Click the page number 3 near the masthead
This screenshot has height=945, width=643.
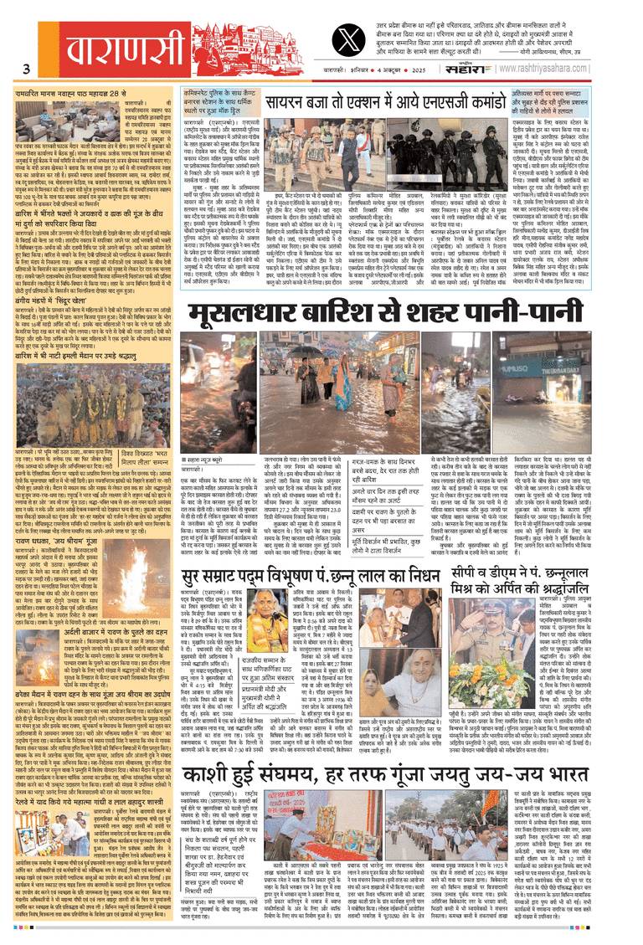28,69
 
